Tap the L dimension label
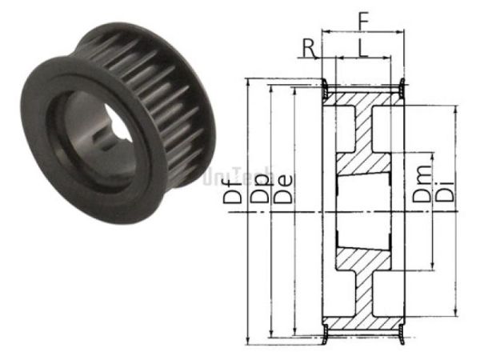point(364,48)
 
